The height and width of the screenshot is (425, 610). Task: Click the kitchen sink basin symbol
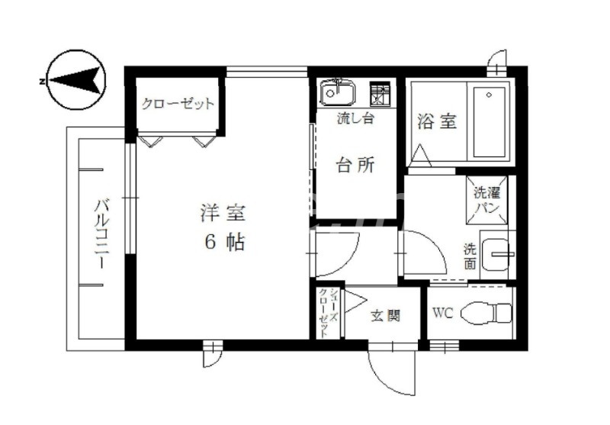tap(336, 92)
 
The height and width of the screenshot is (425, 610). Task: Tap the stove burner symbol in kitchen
tap(379, 93)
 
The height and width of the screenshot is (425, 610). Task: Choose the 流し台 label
tap(355, 118)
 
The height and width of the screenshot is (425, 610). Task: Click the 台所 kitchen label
tap(355, 165)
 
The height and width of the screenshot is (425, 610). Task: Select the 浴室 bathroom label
tap(437, 121)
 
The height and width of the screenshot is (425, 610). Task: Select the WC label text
tap(444, 314)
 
